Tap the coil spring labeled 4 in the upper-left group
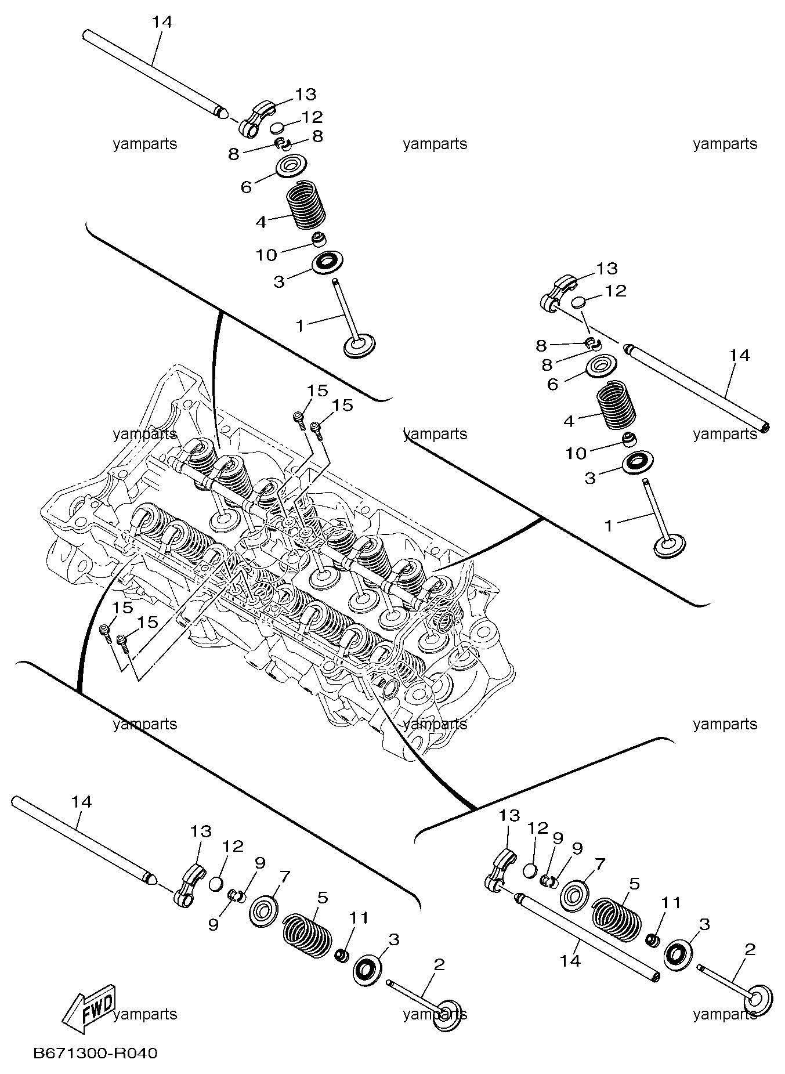[306, 206]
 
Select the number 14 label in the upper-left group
[162, 22]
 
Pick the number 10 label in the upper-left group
[267, 255]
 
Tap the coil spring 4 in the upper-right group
[616, 405]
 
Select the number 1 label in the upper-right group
[609, 526]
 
